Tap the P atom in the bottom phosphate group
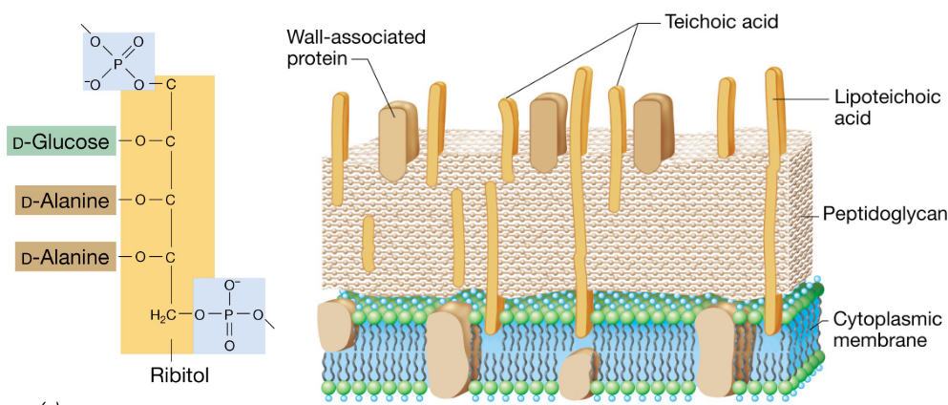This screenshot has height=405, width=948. [x=229, y=312]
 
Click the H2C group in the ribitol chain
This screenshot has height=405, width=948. [x=163, y=313]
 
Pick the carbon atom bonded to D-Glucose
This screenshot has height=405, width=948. [x=171, y=141]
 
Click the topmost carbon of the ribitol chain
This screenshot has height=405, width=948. [x=171, y=84]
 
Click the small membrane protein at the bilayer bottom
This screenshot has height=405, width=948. [x=578, y=373]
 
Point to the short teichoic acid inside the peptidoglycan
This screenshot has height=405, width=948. [x=369, y=244]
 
